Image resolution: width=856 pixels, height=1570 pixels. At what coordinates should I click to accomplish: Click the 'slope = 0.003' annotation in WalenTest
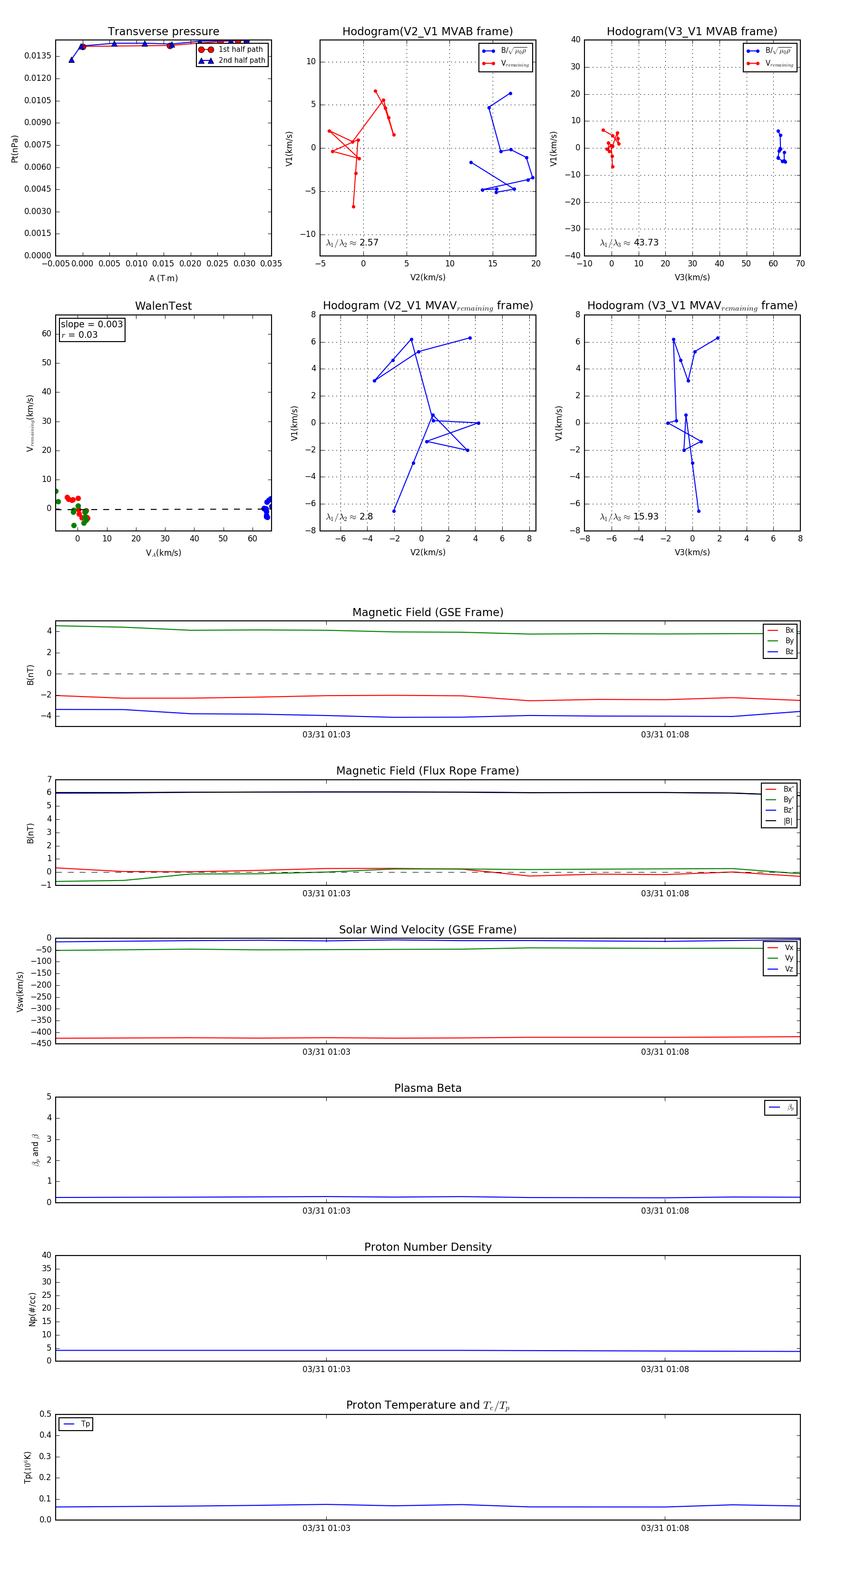pyautogui.click(x=91, y=324)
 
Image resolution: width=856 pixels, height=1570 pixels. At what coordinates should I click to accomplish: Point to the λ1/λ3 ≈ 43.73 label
pyautogui.click(x=629, y=243)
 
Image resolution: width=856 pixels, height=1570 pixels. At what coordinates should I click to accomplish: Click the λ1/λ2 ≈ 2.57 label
pyautogui.click(x=352, y=243)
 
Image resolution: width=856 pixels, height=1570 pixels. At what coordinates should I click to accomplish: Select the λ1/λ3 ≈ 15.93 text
pyautogui.click(x=629, y=517)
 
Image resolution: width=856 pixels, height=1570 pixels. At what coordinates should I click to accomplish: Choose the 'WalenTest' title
pyautogui.click(x=163, y=306)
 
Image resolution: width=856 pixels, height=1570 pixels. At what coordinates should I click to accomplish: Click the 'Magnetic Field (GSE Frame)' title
pyautogui.click(x=428, y=612)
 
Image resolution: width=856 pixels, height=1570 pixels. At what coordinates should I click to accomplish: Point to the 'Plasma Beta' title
pyautogui.click(x=428, y=1088)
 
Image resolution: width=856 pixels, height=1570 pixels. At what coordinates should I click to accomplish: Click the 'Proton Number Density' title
pyautogui.click(x=428, y=1247)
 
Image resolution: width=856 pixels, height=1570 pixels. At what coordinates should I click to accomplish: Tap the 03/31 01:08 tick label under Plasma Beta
pyautogui.click(x=665, y=1210)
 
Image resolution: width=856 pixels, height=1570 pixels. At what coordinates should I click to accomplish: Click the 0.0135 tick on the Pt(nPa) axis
pyautogui.click(x=38, y=56)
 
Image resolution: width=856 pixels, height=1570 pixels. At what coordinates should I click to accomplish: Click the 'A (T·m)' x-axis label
pyautogui.click(x=163, y=278)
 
